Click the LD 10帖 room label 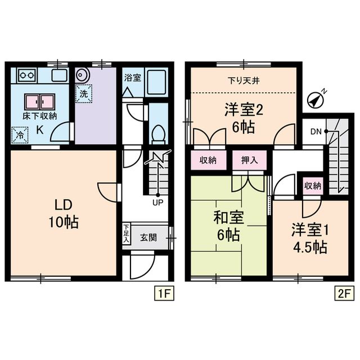[x=62, y=212]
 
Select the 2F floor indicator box [x=344, y=293]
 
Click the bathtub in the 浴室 [x=156, y=83]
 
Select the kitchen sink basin [x=58, y=75]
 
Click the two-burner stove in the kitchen [x=26, y=74]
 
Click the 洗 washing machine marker [x=83, y=94]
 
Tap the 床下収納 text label [x=40, y=116]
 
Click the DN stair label [x=316, y=132]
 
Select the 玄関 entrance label [x=148, y=237]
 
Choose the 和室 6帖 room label [x=228, y=225]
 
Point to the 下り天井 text [x=242, y=79]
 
